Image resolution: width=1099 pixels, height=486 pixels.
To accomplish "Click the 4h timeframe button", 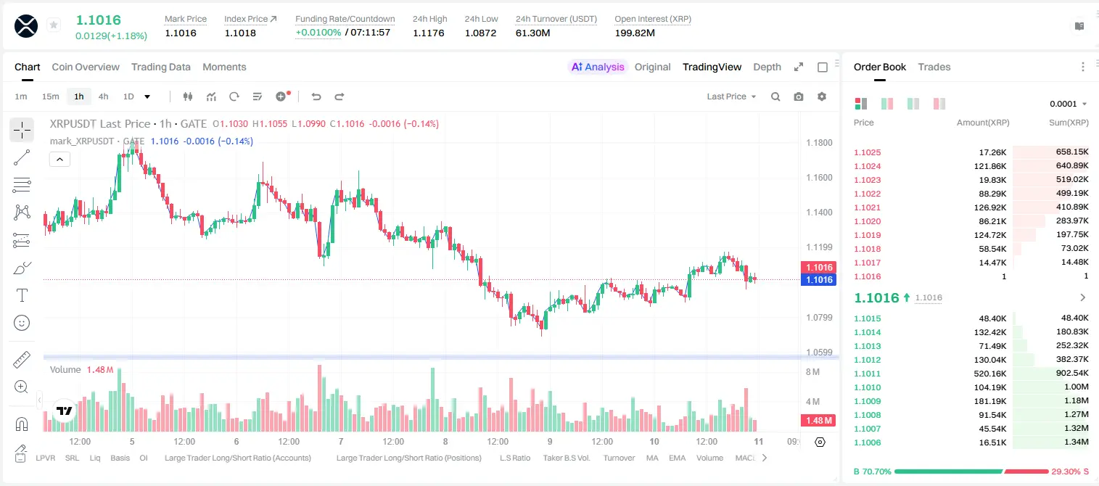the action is coord(103,96).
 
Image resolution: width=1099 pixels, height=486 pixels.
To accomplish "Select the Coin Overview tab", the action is coord(86,67).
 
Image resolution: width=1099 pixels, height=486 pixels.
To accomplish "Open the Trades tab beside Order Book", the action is coord(934,67).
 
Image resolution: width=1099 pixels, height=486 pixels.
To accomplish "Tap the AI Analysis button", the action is coord(598,67).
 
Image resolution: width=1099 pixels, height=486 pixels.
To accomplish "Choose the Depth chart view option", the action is coord(767,67).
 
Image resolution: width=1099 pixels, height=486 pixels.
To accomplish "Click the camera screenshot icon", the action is coord(799,96).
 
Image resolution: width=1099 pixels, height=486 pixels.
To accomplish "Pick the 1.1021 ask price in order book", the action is coord(868,207).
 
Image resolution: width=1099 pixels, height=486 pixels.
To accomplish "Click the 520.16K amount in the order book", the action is coord(989,374).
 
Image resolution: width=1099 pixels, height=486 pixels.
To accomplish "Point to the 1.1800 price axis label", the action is coord(819,143).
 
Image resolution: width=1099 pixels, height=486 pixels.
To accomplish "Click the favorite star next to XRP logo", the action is coord(54,25).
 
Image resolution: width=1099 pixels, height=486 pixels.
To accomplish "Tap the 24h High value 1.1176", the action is coord(428,33).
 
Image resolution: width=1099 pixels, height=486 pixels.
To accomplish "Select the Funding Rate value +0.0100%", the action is coord(318,33).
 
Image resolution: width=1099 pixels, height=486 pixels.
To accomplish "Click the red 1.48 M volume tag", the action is coord(818,420).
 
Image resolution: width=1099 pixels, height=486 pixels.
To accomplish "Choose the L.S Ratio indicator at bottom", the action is coord(514,458).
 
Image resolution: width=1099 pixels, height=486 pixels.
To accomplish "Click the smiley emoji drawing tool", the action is coord(22,323).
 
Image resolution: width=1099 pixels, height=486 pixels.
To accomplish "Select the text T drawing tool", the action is coord(22,295).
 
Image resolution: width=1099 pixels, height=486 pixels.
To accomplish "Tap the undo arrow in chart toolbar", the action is coord(316,96).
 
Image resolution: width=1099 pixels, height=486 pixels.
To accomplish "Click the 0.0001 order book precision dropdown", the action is coord(1068,104).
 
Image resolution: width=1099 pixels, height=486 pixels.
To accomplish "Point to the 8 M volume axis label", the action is coord(812,371).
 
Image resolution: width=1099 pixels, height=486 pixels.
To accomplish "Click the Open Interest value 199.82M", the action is coord(635,33).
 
